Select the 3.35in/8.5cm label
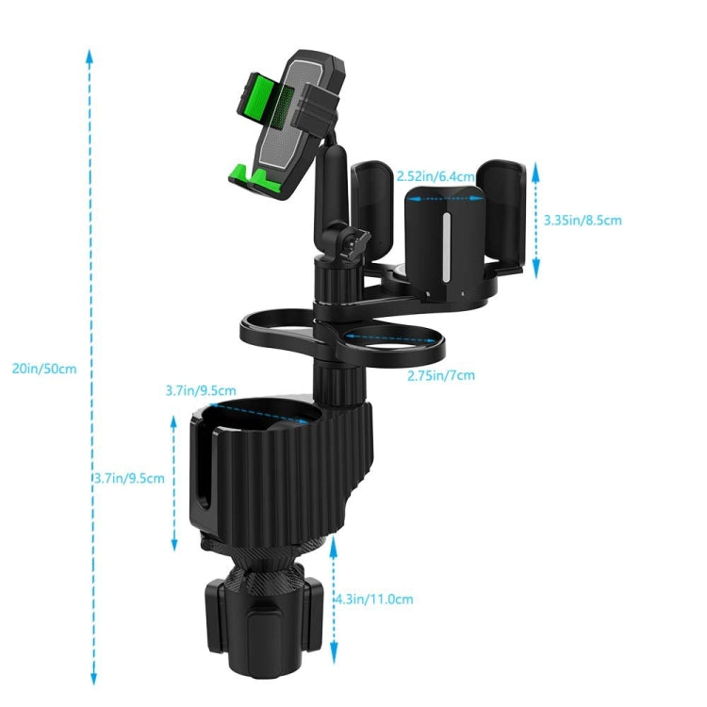[x=583, y=221]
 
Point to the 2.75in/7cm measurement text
[x=440, y=375]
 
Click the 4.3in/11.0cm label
[x=374, y=599]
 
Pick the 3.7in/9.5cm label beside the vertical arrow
[x=129, y=478]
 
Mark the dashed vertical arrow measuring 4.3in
[x=333, y=599]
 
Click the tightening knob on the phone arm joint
[x=356, y=243]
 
